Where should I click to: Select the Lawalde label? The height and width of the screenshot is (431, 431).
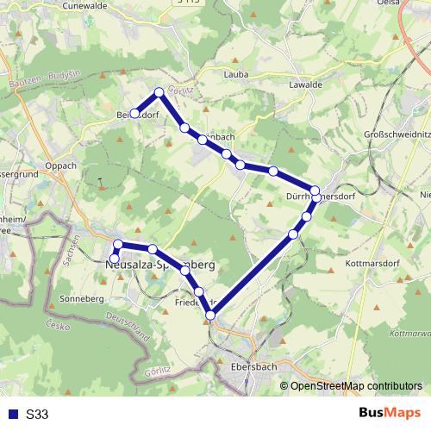click(306, 84)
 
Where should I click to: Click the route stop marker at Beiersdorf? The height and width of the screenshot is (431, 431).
click(135, 113)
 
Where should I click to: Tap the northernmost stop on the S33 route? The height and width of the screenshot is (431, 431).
click(159, 92)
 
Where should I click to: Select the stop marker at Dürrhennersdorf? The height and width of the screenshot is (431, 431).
click(315, 191)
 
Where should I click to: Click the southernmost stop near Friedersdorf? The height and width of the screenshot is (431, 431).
click(209, 315)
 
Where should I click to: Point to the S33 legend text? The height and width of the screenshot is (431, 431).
click(36, 415)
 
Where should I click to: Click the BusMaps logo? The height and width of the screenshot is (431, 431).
click(390, 414)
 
